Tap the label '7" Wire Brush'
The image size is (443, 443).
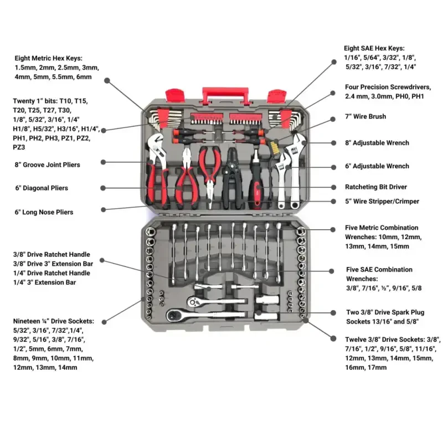(365, 117)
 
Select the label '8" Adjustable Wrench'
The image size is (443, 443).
(377, 143)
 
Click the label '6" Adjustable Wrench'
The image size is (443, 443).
(377, 166)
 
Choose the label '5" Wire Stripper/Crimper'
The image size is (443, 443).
(382, 202)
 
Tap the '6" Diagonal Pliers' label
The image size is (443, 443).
(42, 188)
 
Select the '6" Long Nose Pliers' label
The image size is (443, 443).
(44, 212)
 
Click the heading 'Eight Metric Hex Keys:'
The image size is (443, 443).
(49, 58)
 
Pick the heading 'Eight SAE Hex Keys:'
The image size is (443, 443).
(374, 49)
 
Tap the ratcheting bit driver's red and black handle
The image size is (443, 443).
(257, 191)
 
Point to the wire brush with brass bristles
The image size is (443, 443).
(272, 147)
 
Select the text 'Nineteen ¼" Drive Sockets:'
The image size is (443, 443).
(53, 321)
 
